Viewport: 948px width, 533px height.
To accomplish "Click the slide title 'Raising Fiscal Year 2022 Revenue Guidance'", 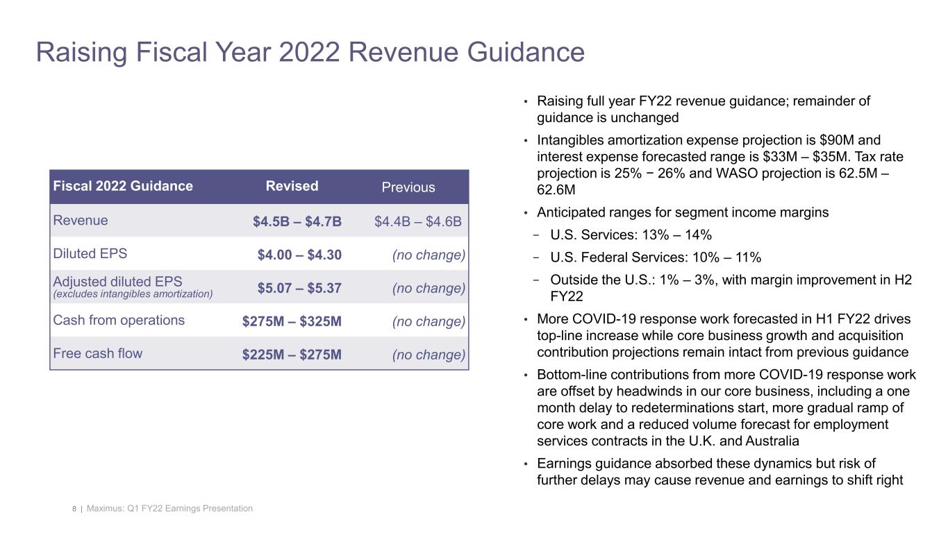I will coord(310,53).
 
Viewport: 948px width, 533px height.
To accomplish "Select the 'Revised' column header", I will coord(292,186).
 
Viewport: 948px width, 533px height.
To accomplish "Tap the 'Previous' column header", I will coord(408,187).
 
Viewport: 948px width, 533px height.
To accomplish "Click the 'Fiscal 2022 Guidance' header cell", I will coord(123,186).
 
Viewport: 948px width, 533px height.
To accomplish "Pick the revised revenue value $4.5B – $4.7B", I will coord(297,222).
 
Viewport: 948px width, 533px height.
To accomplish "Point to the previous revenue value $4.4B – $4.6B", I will coord(418,222).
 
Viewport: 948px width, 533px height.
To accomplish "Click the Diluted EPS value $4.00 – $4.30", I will coord(299,255).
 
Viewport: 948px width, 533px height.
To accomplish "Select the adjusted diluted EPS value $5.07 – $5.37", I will coord(299,288).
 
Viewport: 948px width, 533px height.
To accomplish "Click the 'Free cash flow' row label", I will coord(98,353).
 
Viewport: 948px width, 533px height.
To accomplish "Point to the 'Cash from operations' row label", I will coord(119,320).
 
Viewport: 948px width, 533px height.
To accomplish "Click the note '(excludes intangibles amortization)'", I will coord(133,294).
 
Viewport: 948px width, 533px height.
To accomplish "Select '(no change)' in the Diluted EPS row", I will coord(428,255).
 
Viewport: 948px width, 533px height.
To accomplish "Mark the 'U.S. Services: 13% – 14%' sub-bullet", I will coord(631,235).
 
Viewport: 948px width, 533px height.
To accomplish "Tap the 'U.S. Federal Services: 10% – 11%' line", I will coord(655,258).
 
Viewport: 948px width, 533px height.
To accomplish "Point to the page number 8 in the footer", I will coord(74,509).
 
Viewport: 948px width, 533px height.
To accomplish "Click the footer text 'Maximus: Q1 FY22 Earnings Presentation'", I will coord(171,509).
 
